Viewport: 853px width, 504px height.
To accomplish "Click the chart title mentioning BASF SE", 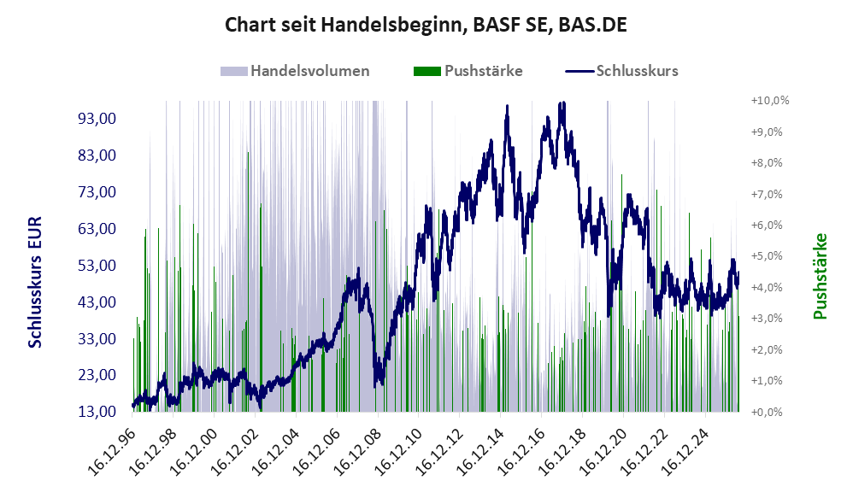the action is point(426,25).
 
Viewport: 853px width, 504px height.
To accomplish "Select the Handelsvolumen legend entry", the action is point(295,71).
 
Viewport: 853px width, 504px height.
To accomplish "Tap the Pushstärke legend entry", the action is point(468,71).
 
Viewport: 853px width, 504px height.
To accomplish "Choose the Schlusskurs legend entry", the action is point(621,71).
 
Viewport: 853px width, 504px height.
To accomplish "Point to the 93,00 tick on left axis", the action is point(97,119).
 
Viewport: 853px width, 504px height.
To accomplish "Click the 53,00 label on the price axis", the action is point(97,266).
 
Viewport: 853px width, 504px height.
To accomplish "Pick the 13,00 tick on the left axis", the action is point(97,412).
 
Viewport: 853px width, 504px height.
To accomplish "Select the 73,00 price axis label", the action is point(97,192).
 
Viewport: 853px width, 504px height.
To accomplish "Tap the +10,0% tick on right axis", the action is point(770,101).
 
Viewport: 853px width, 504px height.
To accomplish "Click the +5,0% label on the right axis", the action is point(767,256).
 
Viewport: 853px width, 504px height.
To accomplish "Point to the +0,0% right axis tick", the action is point(767,412).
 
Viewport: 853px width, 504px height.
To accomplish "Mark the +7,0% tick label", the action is point(767,194).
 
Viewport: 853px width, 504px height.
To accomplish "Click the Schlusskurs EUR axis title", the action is point(35,282).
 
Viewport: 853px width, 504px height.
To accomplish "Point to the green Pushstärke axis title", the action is point(820,276).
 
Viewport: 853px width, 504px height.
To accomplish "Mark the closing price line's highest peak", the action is point(563,103).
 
